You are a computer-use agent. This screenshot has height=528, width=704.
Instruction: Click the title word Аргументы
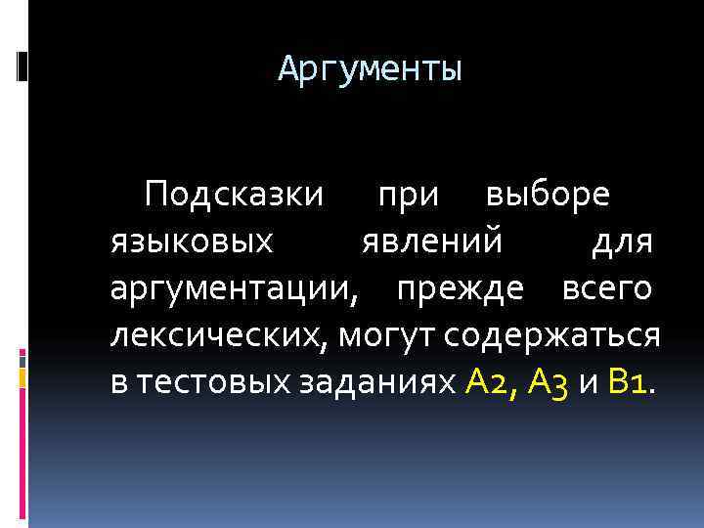point(370,69)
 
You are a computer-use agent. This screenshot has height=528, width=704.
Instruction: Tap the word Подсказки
point(233,194)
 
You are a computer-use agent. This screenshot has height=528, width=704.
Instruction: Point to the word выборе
point(549,194)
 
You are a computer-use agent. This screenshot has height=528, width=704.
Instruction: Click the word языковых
point(192,242)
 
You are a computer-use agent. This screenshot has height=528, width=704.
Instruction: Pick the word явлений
point(430,241)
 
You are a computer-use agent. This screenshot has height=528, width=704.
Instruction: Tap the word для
point(623,242)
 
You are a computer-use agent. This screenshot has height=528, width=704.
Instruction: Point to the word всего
point(607,288)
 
